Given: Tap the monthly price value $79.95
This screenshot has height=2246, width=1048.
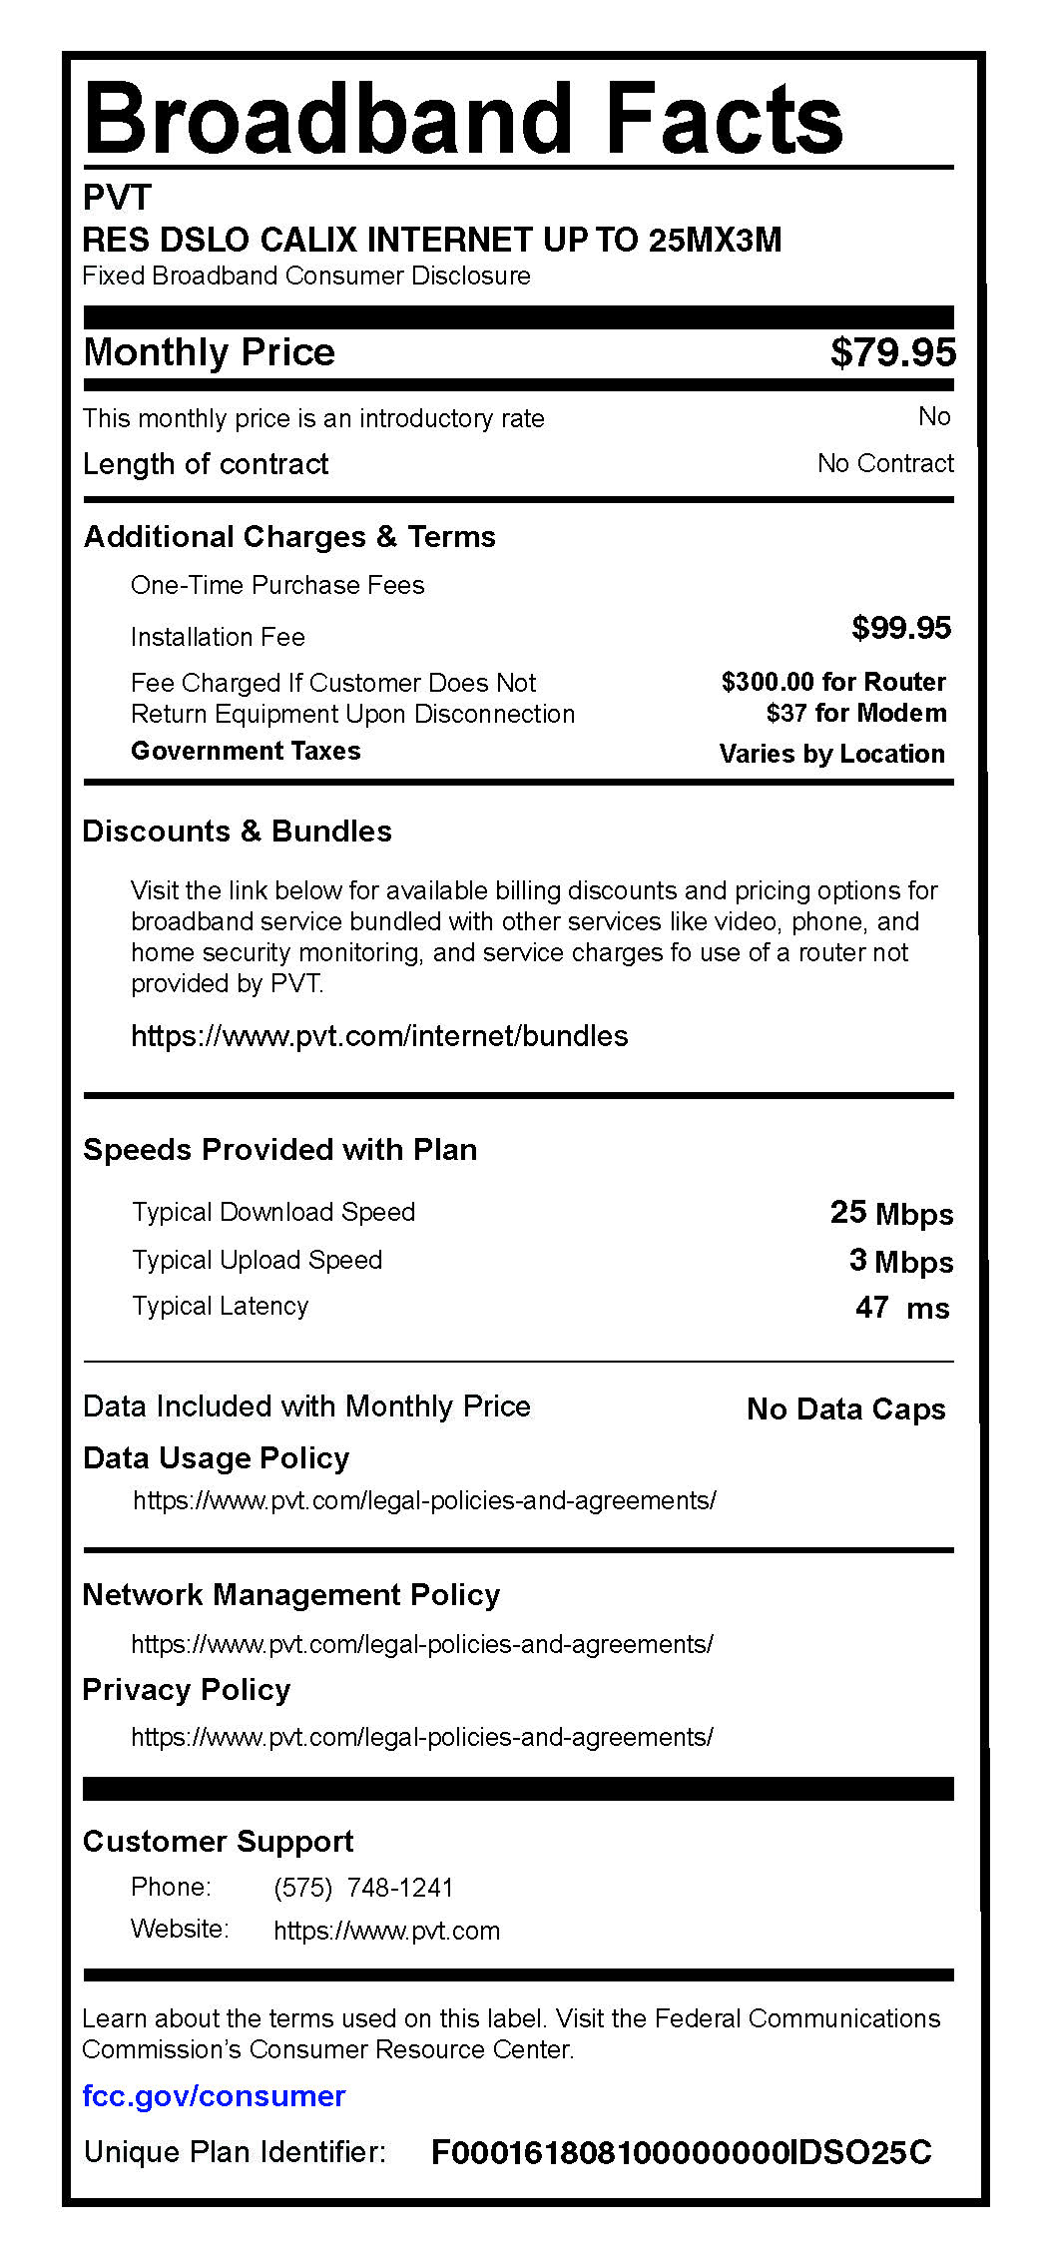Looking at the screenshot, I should [892, 352].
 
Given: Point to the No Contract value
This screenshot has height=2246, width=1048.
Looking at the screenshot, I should [884, 463].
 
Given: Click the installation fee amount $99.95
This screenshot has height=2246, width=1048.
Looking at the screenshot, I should [900, 628].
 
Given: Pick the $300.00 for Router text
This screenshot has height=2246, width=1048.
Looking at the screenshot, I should [833, 682].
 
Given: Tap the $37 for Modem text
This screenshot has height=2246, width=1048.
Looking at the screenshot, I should [856, 713].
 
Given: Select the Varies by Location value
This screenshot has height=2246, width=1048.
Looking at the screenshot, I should [831, 754].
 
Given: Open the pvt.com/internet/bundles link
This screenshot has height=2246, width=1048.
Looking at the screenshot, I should [379, 1036].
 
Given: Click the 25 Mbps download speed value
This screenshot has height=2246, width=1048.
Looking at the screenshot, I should [891, 1213].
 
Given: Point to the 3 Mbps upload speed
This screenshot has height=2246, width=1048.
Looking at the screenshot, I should [900, 1261].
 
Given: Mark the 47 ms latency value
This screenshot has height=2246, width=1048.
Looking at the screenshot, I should [901, 1308].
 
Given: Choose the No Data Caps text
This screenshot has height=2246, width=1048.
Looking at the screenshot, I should [845, 1408].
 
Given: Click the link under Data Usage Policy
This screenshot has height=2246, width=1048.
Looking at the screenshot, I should [424, 1500].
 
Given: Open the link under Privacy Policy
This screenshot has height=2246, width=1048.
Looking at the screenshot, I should [422, 1737].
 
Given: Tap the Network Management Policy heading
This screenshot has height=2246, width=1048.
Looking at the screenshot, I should [290, 1595].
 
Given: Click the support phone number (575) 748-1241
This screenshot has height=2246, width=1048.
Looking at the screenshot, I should [363, 1888].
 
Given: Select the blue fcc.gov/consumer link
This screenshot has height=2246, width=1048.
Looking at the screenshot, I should [214, 2095].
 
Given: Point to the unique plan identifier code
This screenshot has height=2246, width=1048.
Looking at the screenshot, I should [681, 2152].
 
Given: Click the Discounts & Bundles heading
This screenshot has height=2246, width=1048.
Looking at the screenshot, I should [237, 832].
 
